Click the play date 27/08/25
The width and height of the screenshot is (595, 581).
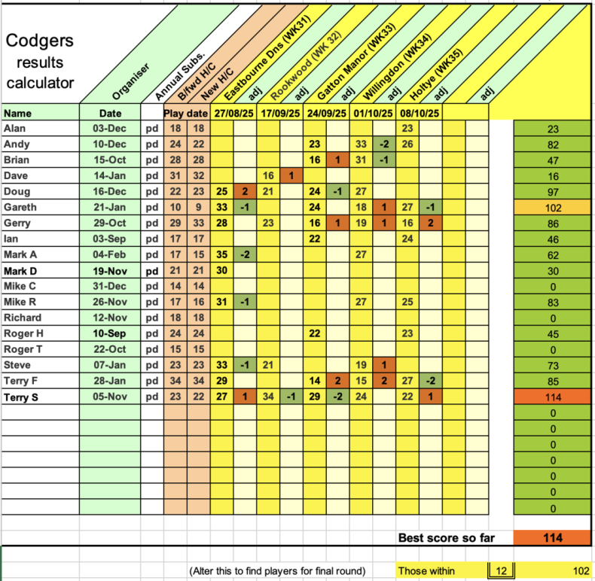233,113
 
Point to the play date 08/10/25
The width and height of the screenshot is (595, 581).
419,113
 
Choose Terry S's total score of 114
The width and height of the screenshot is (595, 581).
552,396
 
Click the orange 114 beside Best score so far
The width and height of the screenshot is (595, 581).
552,538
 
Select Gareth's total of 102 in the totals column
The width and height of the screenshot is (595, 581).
552,207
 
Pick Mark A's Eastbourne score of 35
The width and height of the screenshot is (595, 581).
221,254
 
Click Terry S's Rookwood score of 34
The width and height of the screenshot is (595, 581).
268,396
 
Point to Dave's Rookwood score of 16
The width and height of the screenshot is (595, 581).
268,175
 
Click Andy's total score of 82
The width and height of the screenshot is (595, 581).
552,144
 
